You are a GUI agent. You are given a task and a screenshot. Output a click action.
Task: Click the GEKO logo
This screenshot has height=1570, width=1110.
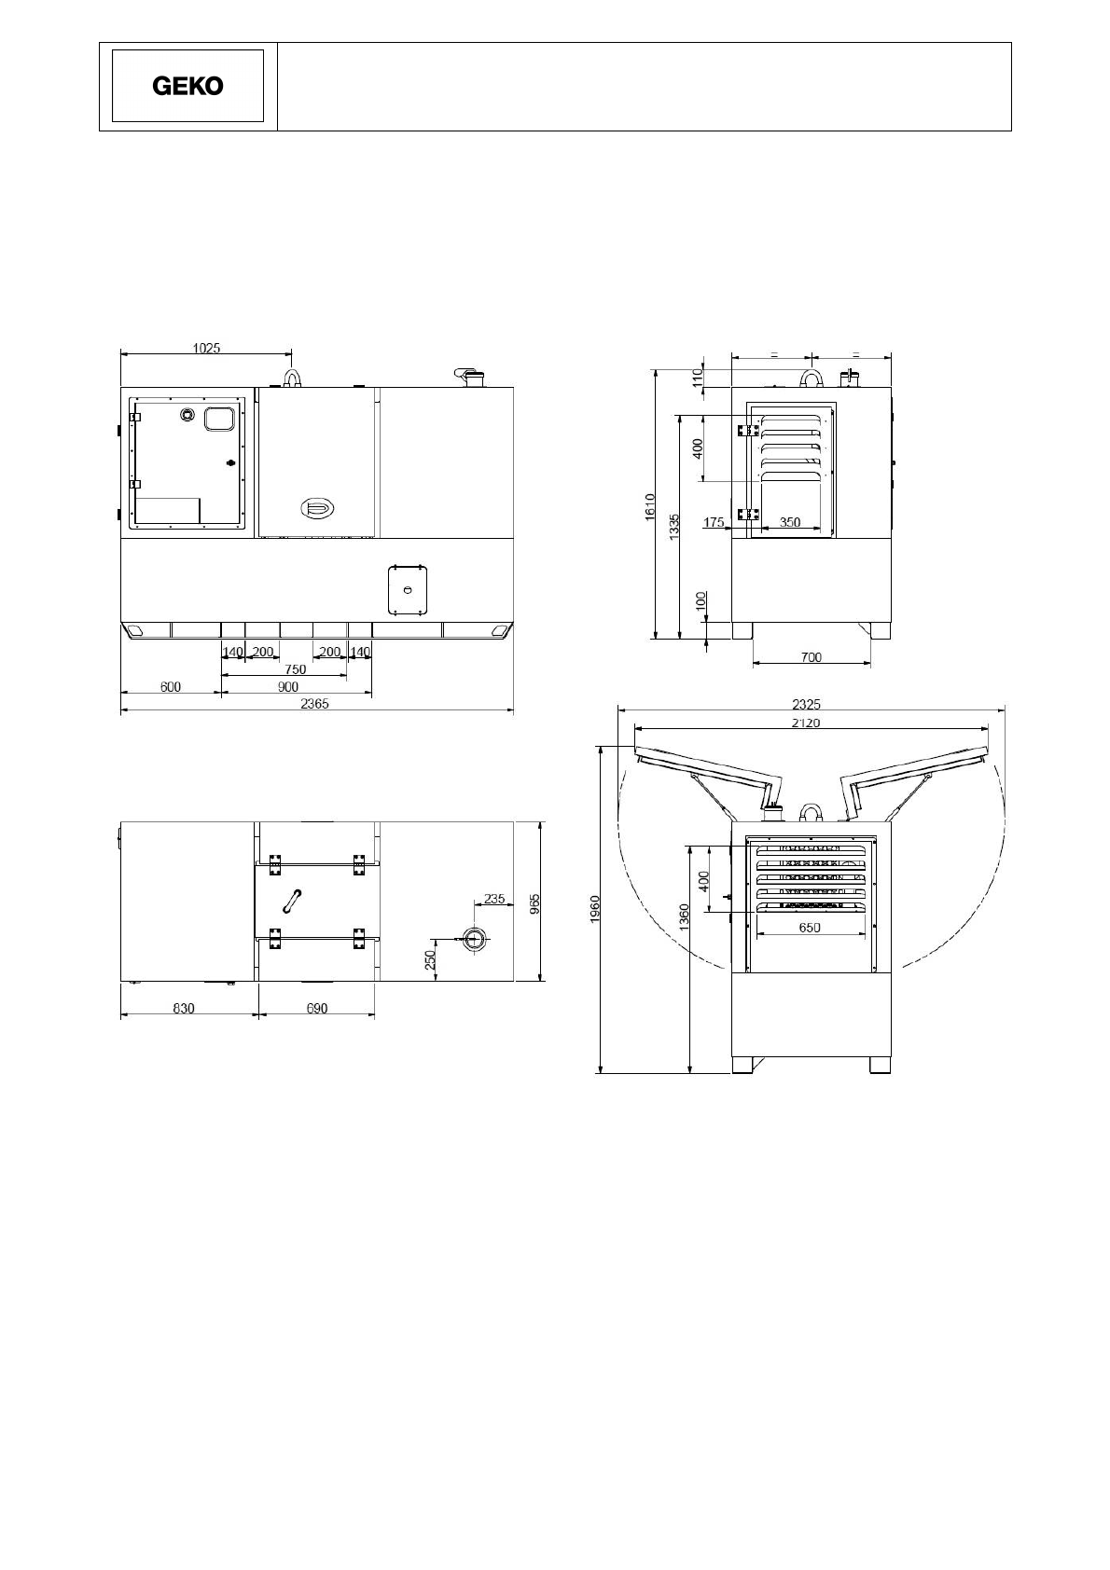click(187, 86)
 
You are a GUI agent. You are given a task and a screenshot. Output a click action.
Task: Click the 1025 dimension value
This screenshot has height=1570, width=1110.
click(206, 348)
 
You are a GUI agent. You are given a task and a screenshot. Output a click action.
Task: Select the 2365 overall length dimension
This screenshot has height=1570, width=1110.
click(315, 703)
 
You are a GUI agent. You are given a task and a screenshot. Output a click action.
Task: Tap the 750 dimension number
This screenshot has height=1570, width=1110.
click(295, 669)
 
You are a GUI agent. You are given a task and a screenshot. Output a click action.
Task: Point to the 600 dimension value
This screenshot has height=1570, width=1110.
click(171, 687)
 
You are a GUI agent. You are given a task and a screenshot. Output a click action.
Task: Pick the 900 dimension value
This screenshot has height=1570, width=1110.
click(287, 687)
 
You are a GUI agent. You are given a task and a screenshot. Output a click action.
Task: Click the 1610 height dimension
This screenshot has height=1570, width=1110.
click(650, 507)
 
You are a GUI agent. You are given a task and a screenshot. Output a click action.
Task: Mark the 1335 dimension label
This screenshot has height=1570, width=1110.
click(673, 527)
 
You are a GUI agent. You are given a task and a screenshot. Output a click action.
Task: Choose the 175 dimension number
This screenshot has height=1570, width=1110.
click(714, 522)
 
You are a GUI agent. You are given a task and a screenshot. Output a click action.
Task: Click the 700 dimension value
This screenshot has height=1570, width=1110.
click(811, 657)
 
